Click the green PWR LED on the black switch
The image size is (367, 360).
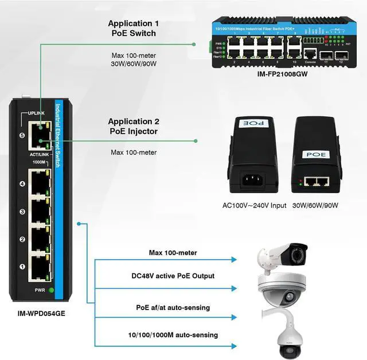coord(51,290)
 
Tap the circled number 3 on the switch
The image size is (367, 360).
coord(22,212)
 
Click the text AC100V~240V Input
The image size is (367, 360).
coord(254,205)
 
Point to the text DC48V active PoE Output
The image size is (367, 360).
coord(173,276)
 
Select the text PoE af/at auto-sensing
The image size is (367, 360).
coord(173,308)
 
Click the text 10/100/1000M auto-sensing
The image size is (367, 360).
coord(173,335)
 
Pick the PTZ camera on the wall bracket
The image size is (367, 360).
coord(287,339)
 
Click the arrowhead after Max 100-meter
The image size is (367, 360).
coord(233,260)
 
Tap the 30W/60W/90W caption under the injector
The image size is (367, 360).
coord(315,205)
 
